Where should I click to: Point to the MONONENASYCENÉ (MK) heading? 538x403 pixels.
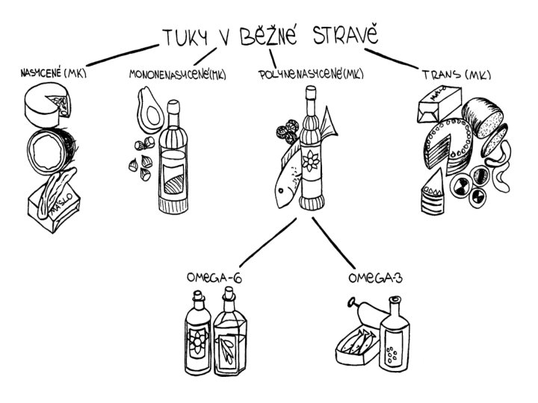[x=178, y=75]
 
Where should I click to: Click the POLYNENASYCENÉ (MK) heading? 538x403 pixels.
[x=311, y=75]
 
